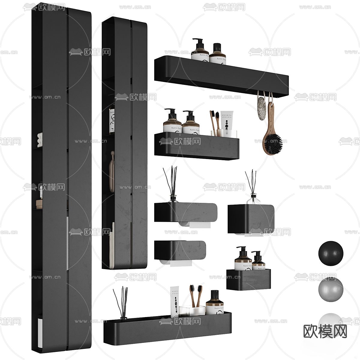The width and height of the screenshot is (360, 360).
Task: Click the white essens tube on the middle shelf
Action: pyautogui.click(x=226, y=121)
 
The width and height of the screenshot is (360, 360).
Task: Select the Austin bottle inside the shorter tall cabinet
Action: pyautogui.click(x=112, y=121)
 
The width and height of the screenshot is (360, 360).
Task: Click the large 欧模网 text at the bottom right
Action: pyautogui.click(x=325, y=331)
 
